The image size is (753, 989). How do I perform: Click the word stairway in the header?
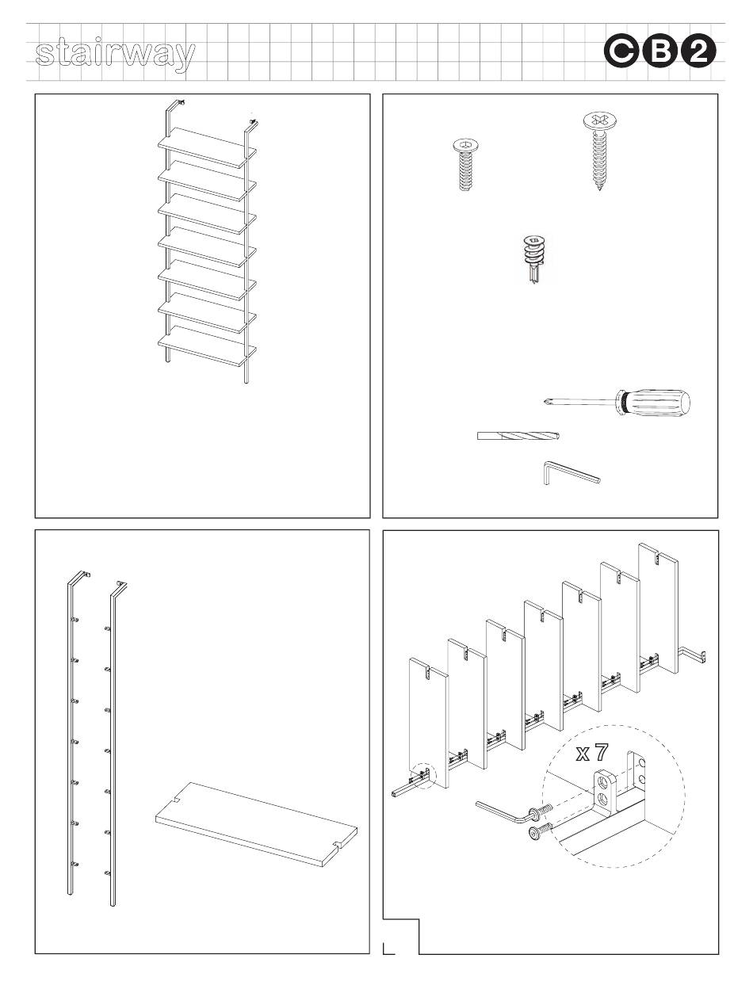point(115,55)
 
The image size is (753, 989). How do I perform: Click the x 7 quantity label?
point(592,752)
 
